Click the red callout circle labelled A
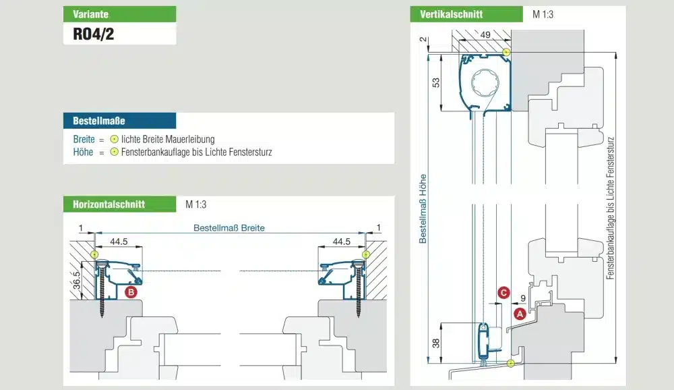tap(520, 314)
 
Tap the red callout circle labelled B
tap(131, 292)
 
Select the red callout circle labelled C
tap(503, 293)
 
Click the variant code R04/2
tap(93, 34)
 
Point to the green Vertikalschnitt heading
tap(466, 14)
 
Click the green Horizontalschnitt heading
tap(119, 204)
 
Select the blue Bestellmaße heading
tap(119, 121)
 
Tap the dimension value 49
tap(485, 35)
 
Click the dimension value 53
tap(436, 82)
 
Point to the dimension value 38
tap(436, 343)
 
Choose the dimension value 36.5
tap(77, 280)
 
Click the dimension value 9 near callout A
tap(523, 298)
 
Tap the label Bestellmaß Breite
tap(228, 227)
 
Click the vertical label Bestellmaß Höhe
tap(423, 208)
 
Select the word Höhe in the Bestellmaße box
tap(83, 152)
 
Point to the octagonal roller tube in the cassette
tap(485, 82)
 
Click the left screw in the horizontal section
tap(102, 289)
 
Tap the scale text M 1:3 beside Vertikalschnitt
tap(543, 14)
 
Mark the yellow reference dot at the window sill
tap(511, 363)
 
